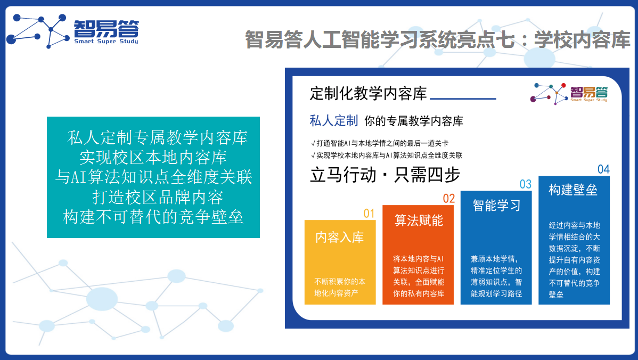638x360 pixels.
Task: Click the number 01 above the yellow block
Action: click(369, 214)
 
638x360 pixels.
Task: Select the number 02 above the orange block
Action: click(449, 199)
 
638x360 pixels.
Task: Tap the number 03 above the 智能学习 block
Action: click(525, 184)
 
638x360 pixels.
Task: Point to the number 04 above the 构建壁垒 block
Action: click(603, 169)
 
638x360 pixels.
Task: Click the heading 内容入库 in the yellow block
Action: click(340, 237)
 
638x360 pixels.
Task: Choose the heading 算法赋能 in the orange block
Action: click(419, 220)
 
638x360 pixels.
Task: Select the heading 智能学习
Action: click(496, 206)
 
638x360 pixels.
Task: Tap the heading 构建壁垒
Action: click(574, 190)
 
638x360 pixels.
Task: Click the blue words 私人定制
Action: click(334, 121)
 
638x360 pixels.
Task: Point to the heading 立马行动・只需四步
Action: click(385, 175)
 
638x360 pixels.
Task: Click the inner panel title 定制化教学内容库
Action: click(368, 94)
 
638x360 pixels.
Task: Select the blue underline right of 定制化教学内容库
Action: click(463, 99)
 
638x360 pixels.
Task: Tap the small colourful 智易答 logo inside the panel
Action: click(569, 93)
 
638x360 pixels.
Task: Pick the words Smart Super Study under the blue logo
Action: click(106, 42)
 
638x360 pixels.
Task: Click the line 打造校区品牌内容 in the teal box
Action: click(158, 197)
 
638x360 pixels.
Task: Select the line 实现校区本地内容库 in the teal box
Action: click(153, 158)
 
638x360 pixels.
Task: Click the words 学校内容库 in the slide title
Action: click(582, 40)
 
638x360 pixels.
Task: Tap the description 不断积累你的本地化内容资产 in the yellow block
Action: click(340, 287)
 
